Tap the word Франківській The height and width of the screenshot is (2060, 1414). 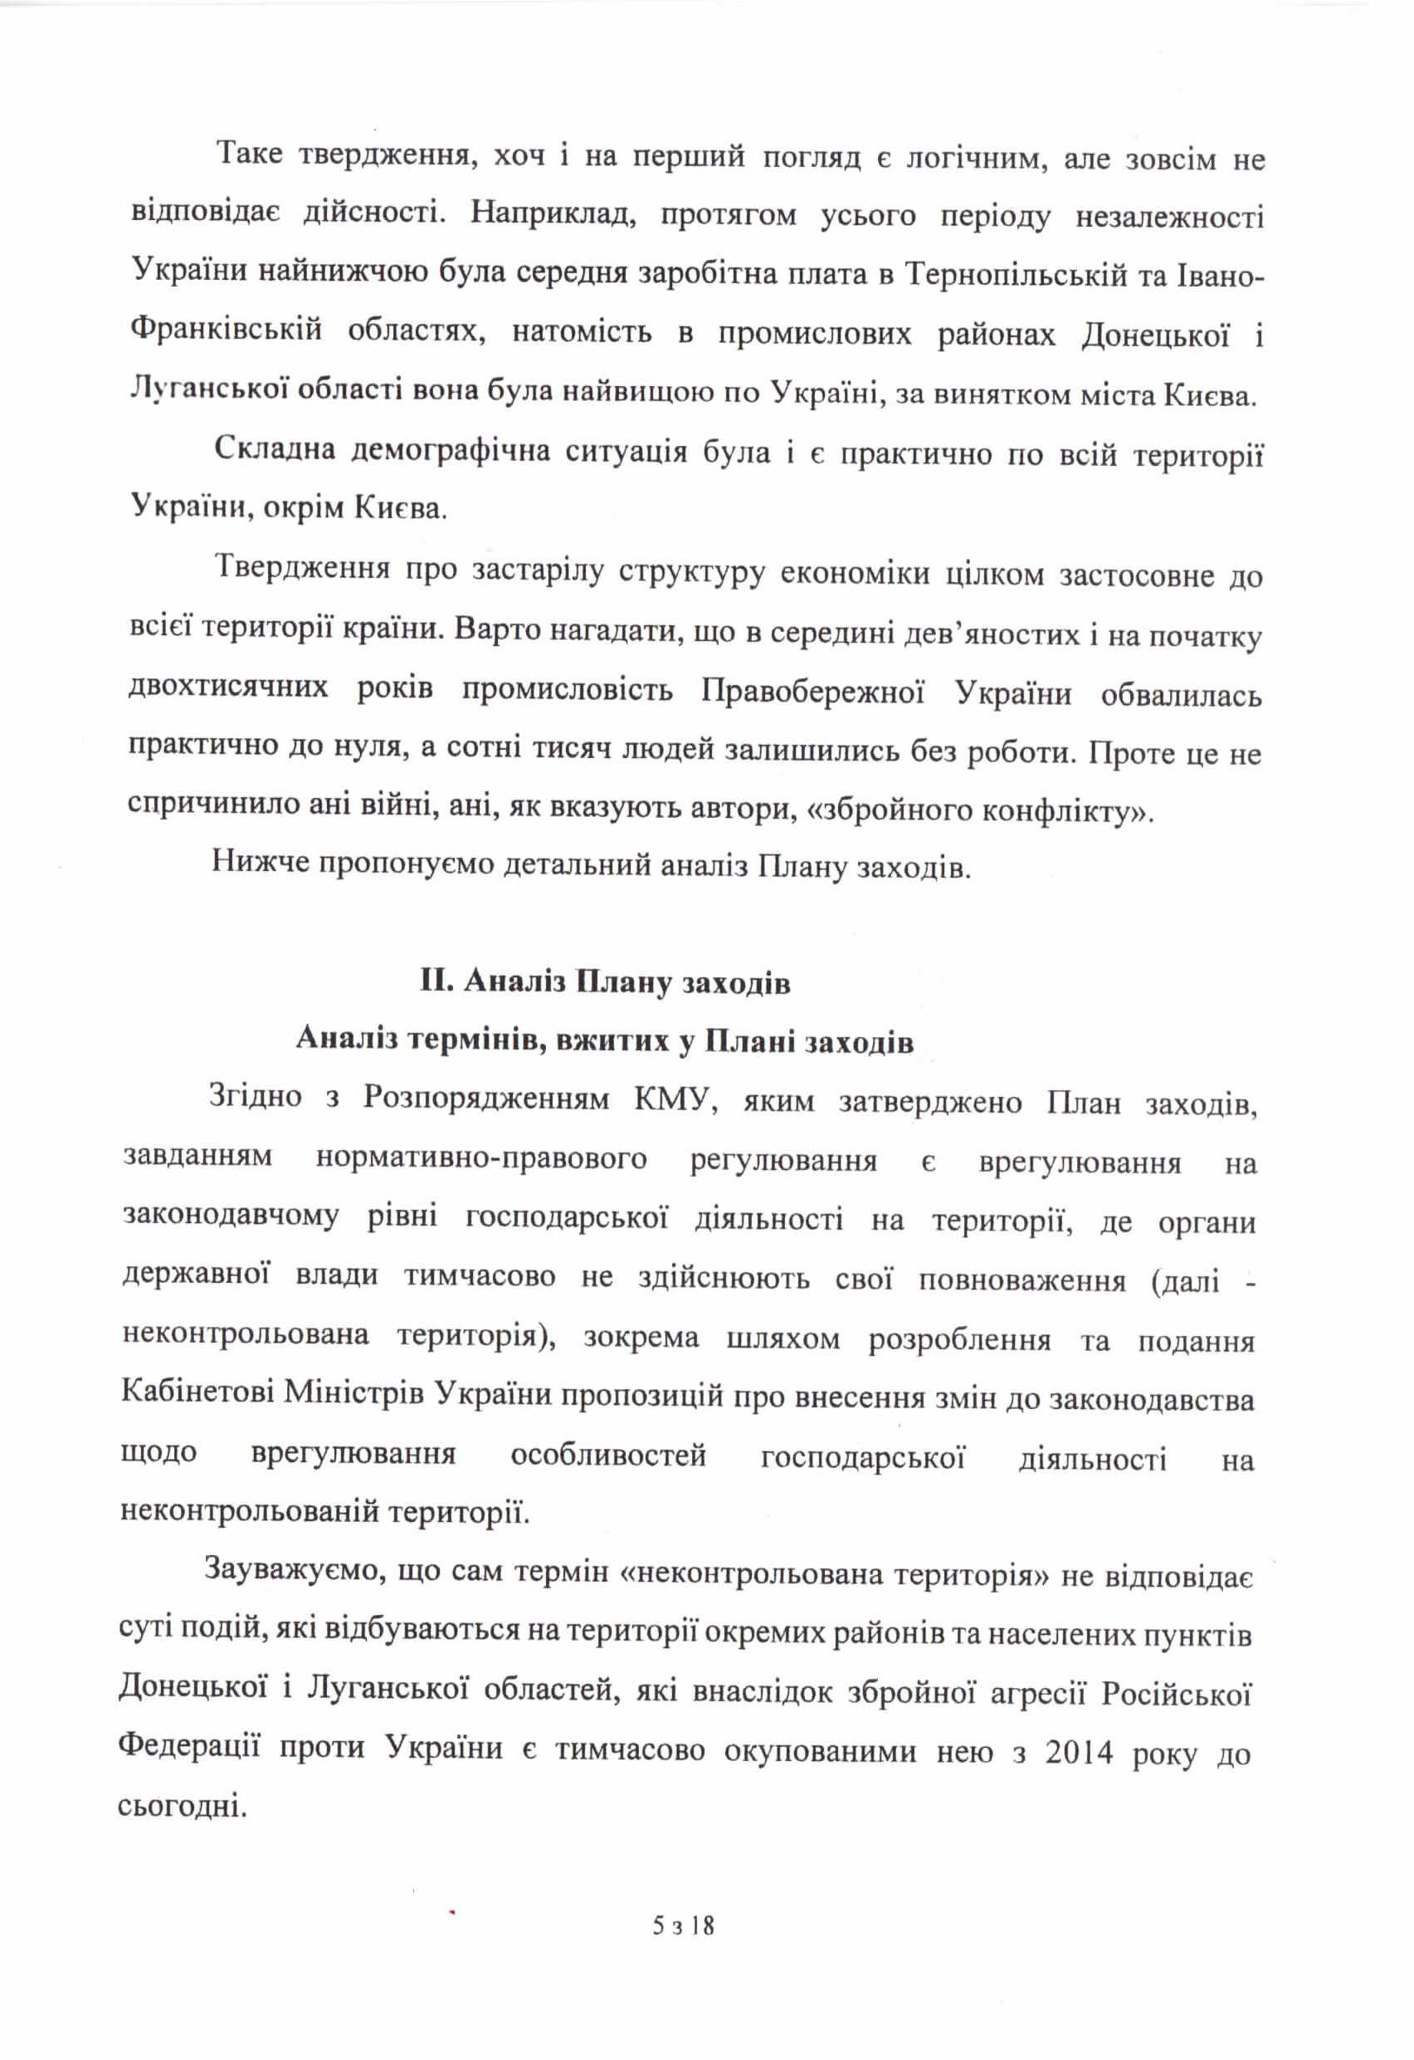225,331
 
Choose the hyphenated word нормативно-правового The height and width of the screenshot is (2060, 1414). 481,1158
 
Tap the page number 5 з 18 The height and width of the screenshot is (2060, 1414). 683,1950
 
